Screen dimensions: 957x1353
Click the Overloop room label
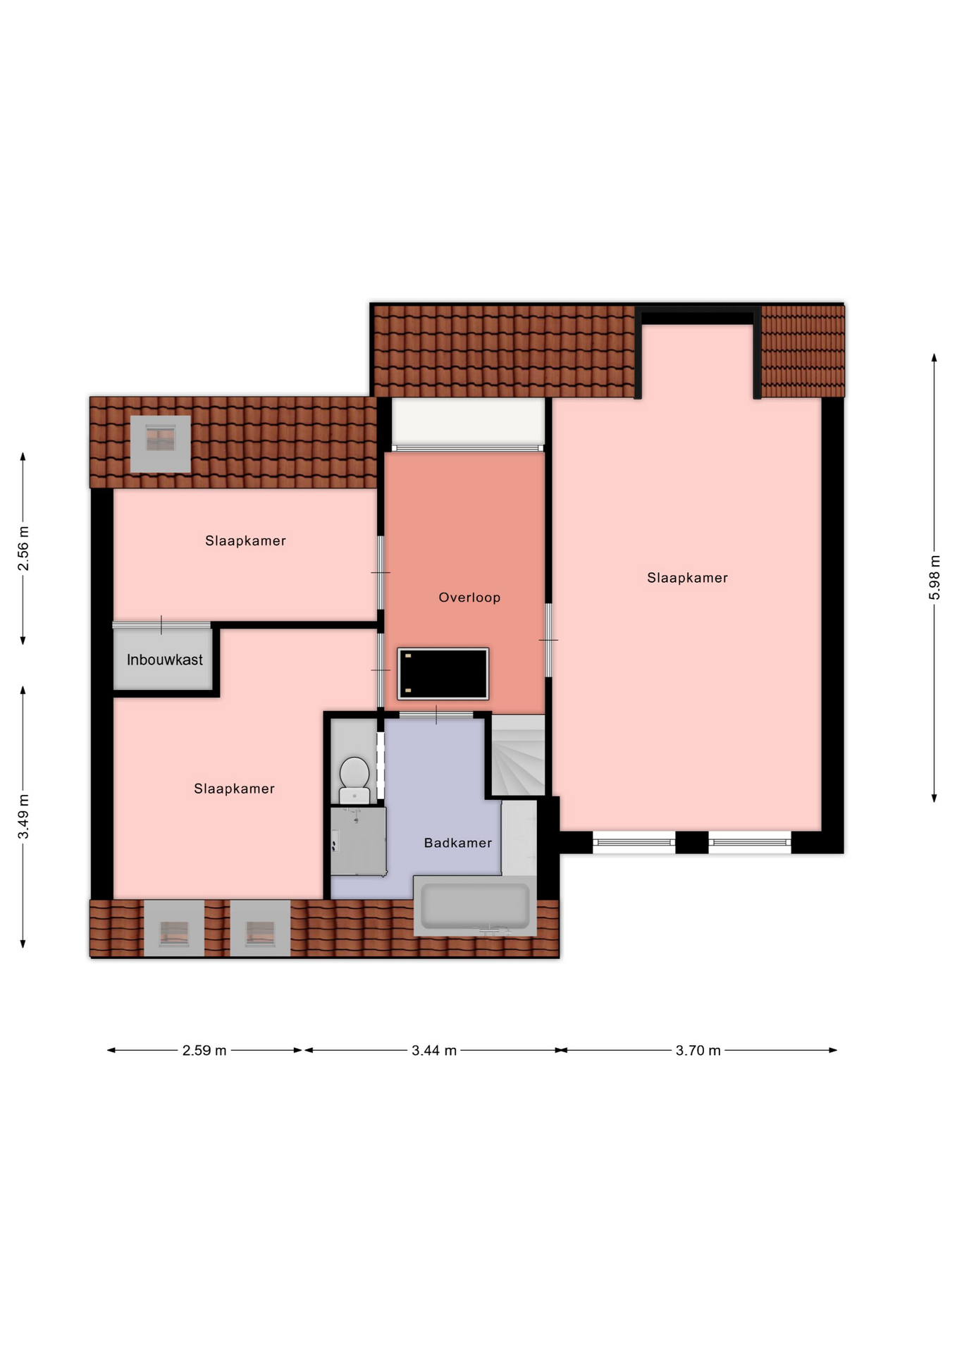click(469, 598)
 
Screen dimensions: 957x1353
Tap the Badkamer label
click(458, 843)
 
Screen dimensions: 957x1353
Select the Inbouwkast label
click(165, 660)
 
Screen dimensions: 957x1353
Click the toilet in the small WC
click(354, 780)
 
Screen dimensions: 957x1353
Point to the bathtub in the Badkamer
click(475, 906)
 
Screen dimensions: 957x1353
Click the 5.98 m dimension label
click(934, 578)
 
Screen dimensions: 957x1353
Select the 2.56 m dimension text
click(23, 548)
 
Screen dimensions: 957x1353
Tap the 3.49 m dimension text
click(23, 817)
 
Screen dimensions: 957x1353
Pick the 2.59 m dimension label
click(204, 1051)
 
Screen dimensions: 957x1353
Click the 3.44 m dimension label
click(434, 1051)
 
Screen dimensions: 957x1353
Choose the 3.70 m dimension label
click(698, 1051)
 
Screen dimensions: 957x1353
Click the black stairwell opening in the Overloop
click(443, 674)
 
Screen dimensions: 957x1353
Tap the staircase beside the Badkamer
click(519, 755)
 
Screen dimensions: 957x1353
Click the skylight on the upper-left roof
click(161, 444)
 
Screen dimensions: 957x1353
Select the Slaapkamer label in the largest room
click(688, 578)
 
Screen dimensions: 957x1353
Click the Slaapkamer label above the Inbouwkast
click(246, 541)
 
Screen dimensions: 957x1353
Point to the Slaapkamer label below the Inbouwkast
click(235, 789)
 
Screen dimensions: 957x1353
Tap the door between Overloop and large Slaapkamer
click(548, 640)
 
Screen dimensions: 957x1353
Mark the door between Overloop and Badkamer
click(436, 715)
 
